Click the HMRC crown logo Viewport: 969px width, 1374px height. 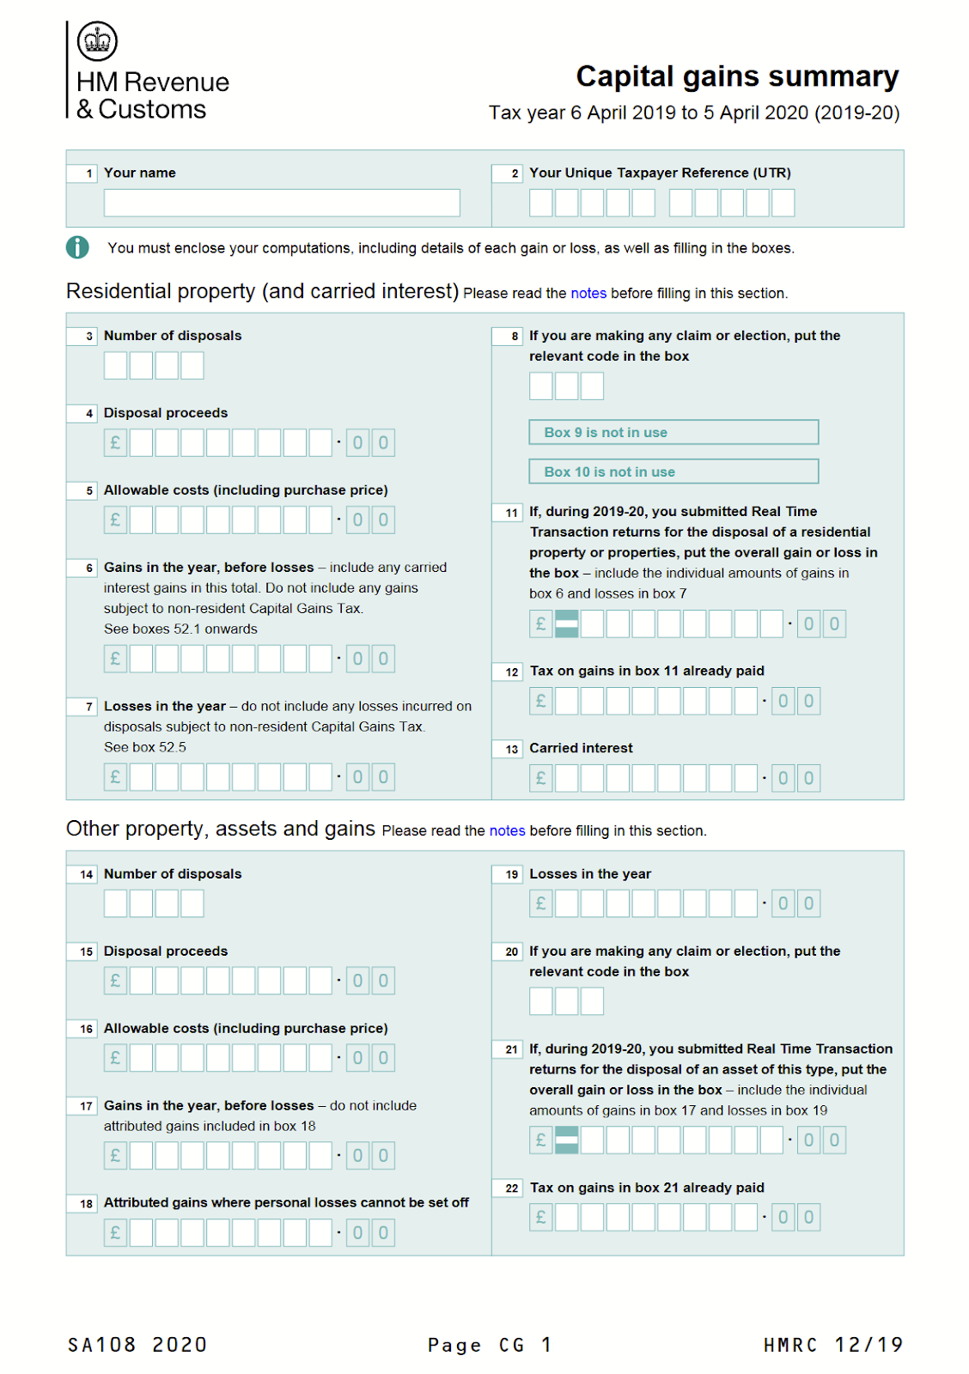[x=97, y=40]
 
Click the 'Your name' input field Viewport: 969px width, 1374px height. [x=282, y=203]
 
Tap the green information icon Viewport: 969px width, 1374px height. [x=77, y=247]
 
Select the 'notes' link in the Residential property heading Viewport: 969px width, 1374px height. [x=588, y=293]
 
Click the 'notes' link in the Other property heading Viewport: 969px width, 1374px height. [x=507, y=830]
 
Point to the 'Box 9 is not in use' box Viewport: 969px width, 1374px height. [x=673, y=432]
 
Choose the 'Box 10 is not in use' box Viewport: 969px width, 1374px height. [x=673, y=471]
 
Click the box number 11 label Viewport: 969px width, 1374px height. [x=511, y=513]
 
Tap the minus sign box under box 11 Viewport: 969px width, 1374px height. [x=567, y=623]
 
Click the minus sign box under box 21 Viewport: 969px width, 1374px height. [x=567, y=1140]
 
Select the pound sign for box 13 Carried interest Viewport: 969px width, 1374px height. [x=540, y=778]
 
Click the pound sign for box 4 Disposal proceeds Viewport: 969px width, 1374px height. [x=115, y=443]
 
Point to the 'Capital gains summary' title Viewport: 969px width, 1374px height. [x=737, y=76]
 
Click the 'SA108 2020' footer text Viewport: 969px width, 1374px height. [x=137, y=1345]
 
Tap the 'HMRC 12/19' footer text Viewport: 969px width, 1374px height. [x=832, y=1345]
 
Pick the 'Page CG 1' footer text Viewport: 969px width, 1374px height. [x=489, y=1345]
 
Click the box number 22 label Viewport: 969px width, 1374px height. [x=511, y=1189]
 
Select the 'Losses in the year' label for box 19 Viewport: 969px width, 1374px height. [x=590, y=874]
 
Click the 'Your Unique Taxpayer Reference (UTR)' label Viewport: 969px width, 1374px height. [x=660, y=173]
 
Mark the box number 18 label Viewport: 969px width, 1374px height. [x=86, y=1204]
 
